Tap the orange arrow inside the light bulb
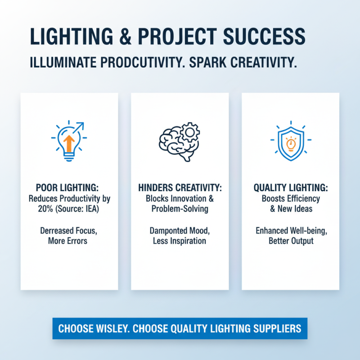coord(69,143)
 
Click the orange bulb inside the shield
coord(290,144)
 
